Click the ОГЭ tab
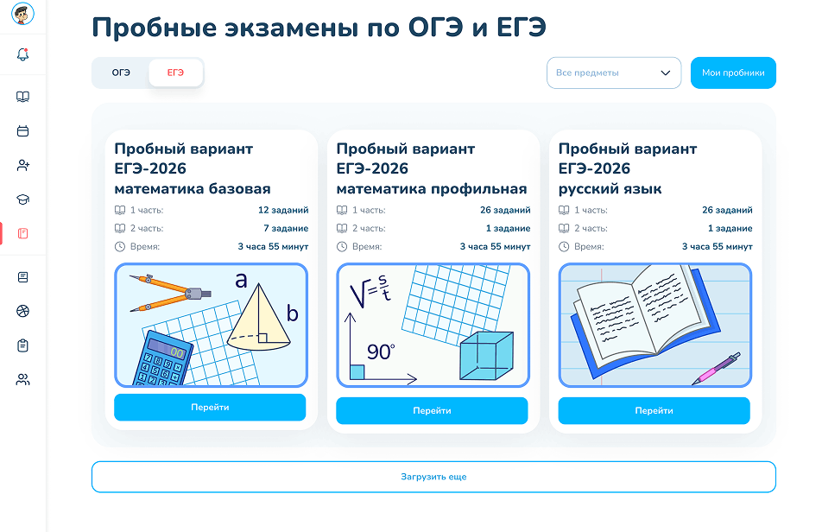click(x=121, y=73)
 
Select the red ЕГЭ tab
click(x=175, y=73)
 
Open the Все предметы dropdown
click(x=614, y=73)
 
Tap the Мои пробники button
click(x=733, y=73)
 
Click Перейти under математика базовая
click(x=210, y=408)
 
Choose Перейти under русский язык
click(x=654, y=410)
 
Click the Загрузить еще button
click(x=433, y=477)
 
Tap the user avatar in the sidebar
click(x=22, y=14)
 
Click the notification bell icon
click(x=22, y=54)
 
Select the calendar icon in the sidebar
click(x=22, y=131)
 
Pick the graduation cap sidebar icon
click(x=22, y=199)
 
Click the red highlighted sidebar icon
click(x=22, y=234)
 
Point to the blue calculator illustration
click(x=162, y=359)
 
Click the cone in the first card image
click(x=258, y=320)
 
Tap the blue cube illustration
click(x=486, y=356)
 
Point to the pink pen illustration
click(x=716, y=369)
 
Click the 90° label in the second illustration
click(x=381, y=351)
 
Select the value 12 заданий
click(x=283, y=210)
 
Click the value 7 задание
click(x=286, y=229)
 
